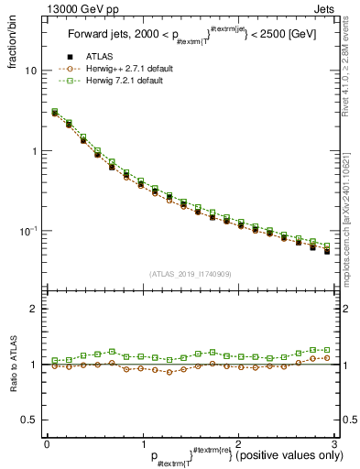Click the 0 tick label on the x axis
tap(46, 443)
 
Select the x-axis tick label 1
tap(141, 443)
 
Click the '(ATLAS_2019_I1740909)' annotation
tap(189, 273)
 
